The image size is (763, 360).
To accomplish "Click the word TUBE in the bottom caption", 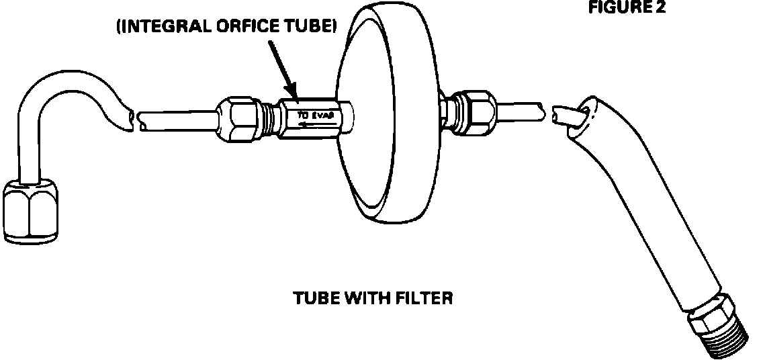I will (314, 298).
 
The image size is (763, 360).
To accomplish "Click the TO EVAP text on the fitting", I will (312, 116).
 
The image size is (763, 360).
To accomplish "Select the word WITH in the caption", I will (366, 298).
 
